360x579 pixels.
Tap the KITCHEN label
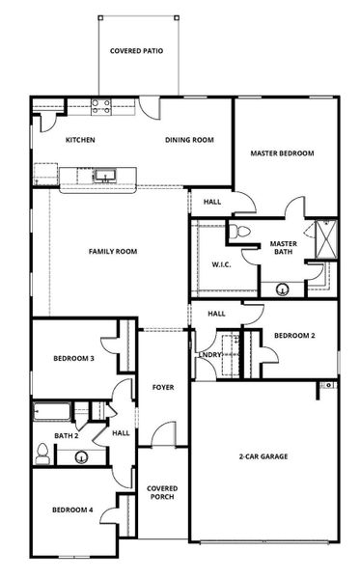[79, 140]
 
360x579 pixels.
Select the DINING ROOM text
[188, 140]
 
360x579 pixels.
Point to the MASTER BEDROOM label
[282, 152]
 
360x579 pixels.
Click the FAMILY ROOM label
[112, 252]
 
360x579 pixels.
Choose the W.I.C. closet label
[219, 264]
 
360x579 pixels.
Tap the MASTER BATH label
[283, 249]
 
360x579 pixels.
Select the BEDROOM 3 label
[72, 359]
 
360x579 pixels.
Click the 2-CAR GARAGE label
[263, 456]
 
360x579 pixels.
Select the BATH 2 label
[66, 436]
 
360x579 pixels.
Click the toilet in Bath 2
[42, 453]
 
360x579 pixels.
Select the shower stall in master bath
[328, 237]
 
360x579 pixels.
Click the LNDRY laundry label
[209, 354]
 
